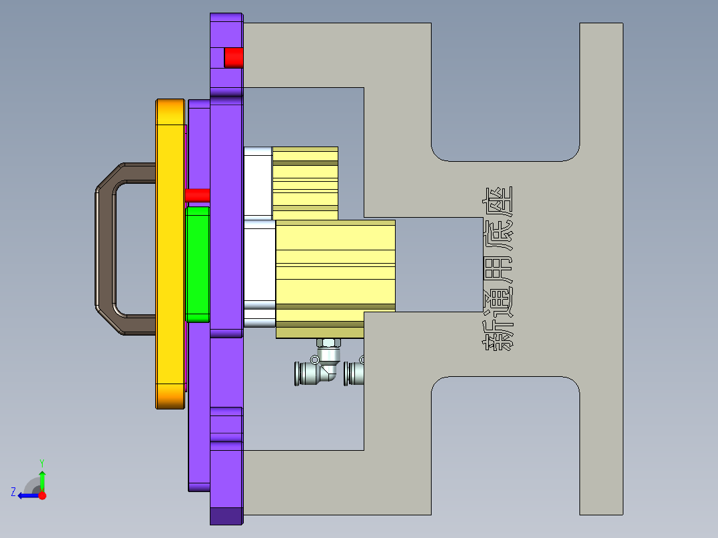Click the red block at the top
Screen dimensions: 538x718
coord(233,57)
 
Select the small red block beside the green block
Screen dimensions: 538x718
coord(197,195)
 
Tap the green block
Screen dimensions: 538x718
coord(198,263)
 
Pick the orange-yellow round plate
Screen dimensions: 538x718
coord(170,253)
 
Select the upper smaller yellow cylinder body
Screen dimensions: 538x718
coord(305,182)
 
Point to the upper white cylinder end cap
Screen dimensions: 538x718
coord(258,182)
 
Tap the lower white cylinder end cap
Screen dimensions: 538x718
coord(260,273)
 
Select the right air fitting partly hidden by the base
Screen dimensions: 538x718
coord(354,372)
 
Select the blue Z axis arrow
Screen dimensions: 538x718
coord(27,495)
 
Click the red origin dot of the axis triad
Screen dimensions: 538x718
coord(42,495)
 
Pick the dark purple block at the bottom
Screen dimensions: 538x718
coord(226,516)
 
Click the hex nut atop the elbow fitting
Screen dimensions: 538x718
coord(328,343)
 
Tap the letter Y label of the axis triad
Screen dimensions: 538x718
coord(41,462)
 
